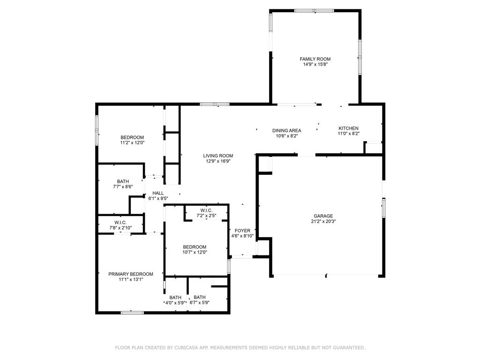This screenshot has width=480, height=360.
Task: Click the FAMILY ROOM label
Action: pos(315,59)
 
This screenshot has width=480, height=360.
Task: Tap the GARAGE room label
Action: pos(323,216)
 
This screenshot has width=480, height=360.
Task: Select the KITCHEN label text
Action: pos(348,128)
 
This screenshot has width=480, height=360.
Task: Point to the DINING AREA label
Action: pos(286,131)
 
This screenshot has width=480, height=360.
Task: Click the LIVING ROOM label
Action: pos(218,156)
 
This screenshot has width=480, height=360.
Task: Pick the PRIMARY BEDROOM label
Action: pos(131,274)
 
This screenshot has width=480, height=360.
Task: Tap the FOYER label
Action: pos(242,231)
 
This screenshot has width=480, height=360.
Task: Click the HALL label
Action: pos(158,193)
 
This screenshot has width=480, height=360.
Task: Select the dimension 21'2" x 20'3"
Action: pos(323,221)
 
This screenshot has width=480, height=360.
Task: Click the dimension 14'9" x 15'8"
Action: pos(315,65)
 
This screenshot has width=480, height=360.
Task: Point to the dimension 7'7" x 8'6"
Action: pos(123,187)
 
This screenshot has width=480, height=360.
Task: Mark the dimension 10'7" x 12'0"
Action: pos(195,253)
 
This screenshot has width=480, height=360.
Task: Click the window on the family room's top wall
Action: pos(314,11)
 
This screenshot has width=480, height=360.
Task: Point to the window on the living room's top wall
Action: pos(215,104)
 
